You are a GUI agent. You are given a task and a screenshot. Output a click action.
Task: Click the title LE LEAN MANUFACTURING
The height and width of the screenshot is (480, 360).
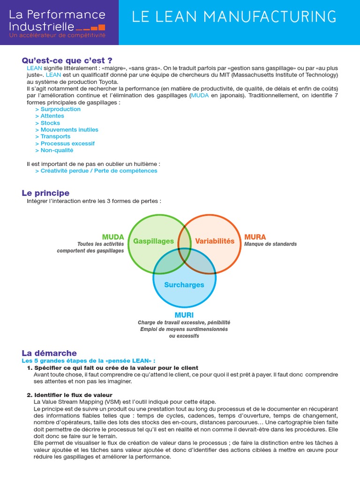234,17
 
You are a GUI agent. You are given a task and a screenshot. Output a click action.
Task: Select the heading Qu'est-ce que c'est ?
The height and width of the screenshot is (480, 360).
67,60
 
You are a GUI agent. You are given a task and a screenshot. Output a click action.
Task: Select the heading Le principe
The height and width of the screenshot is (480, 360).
45,193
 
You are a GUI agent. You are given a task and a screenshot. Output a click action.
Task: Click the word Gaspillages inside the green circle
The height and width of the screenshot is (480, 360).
153,241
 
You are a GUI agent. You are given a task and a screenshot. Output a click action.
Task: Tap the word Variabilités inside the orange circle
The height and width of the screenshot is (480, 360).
214,241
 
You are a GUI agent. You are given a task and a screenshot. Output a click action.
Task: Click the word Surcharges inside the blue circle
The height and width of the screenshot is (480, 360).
184,285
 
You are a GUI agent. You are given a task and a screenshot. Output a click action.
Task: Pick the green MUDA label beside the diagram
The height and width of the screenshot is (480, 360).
113,237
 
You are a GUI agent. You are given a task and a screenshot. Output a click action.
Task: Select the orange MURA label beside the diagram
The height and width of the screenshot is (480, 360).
255,237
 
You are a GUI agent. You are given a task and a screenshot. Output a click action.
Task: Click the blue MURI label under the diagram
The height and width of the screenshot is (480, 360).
184,315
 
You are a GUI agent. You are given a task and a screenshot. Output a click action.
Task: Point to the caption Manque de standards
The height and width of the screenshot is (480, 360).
270,244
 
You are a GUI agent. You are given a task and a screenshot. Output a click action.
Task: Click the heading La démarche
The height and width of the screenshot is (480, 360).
49,353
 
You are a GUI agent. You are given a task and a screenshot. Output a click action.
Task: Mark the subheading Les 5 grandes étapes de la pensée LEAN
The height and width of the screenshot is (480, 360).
88,361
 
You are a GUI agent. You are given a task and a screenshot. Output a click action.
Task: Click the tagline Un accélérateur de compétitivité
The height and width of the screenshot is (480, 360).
58,35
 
